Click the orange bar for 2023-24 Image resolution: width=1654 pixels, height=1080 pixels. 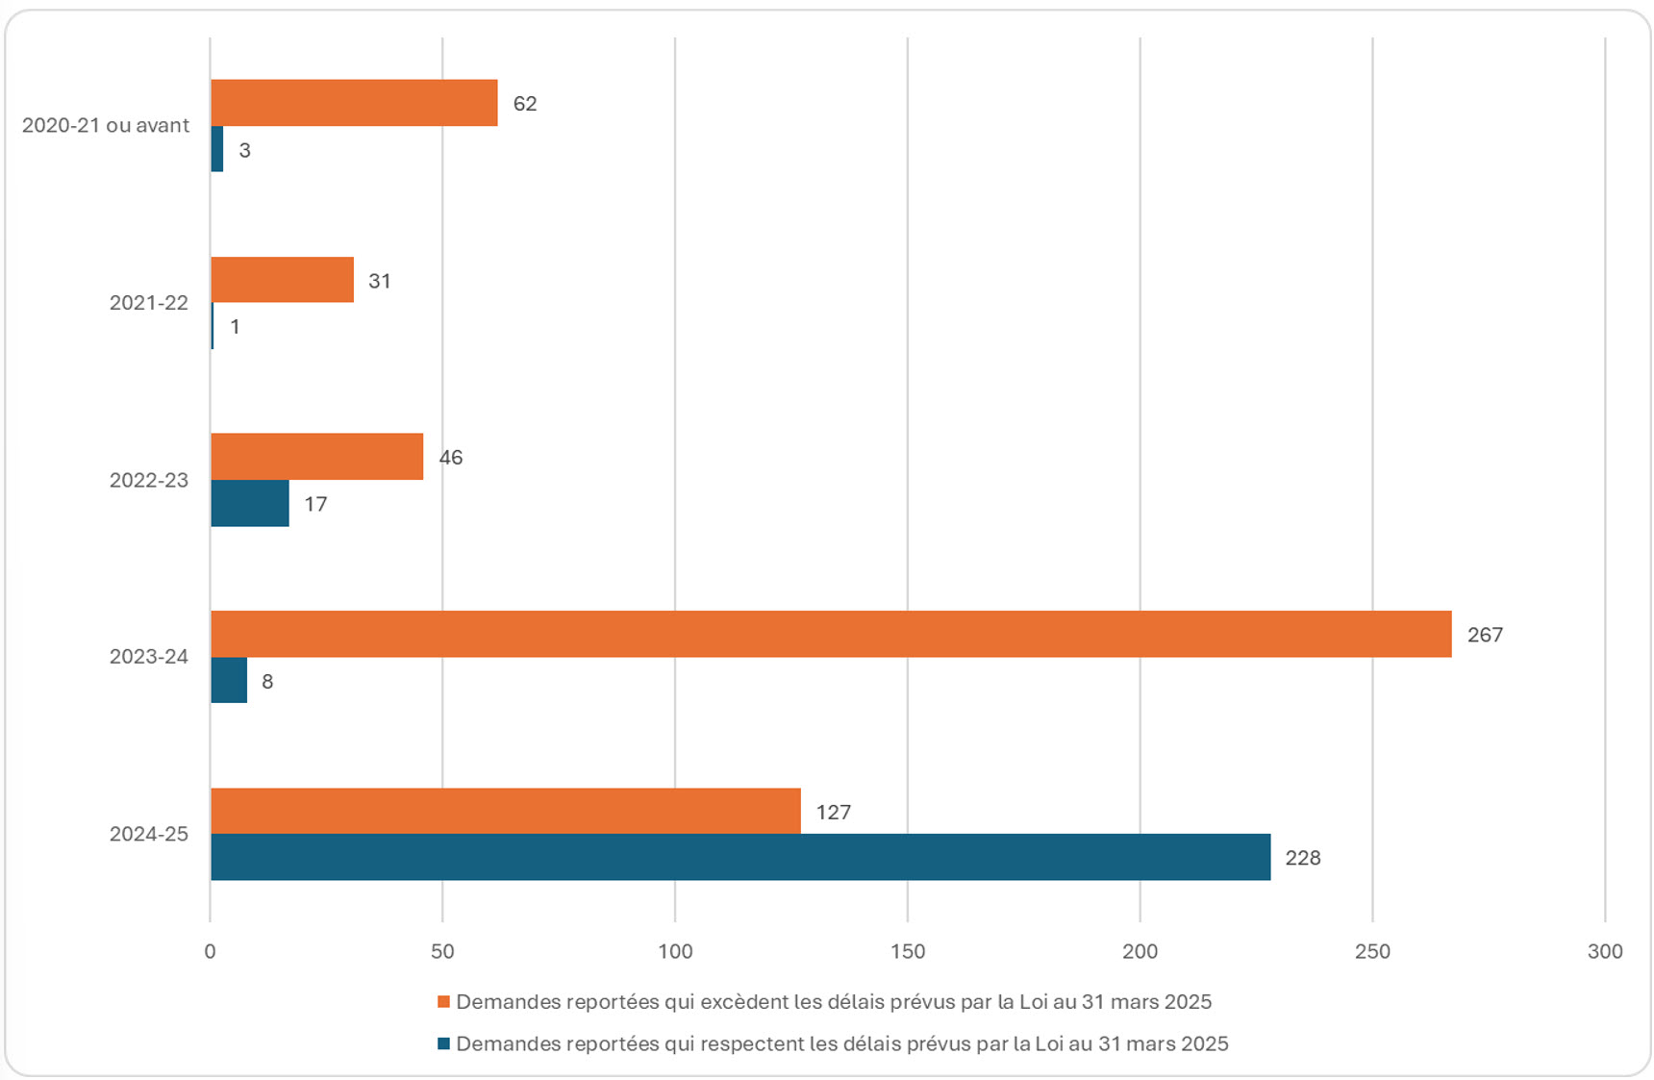830,634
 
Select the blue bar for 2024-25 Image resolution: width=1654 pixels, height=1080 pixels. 740,857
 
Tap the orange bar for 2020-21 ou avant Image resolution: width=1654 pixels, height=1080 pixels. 354,103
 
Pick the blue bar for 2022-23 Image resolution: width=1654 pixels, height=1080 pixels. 250,503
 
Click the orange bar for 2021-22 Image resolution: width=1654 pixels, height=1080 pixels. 282,280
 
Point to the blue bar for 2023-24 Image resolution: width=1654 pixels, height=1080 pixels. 229,681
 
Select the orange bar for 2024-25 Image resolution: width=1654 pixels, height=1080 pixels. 505,811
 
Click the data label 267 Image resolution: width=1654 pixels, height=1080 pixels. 1485,635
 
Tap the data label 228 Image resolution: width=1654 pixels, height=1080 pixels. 1303,858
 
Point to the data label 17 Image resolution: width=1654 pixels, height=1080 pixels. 315,504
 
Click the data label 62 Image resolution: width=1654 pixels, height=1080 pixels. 525,104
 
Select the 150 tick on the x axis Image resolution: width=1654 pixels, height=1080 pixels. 908,951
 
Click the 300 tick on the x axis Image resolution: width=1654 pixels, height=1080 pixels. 1605,951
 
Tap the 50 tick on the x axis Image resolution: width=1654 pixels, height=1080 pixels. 442,951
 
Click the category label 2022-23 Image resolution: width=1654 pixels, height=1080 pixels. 149,480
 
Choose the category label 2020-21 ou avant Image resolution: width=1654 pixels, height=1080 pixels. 106,125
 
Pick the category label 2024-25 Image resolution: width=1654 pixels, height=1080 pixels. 149,834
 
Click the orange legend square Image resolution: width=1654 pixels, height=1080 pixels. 443,1002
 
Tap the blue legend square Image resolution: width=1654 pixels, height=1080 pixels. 443,1043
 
